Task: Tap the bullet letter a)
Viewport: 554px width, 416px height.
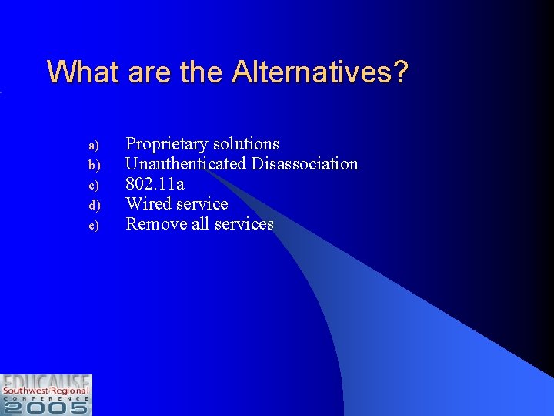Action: point(92,145)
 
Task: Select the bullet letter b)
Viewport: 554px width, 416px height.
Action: point(92,165)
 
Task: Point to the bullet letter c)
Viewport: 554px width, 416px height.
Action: point(92,185)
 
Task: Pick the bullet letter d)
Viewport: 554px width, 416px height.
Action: point(92,205)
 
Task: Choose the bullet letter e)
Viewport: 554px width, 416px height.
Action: point(92,225)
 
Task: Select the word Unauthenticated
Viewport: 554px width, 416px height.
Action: point(185,163)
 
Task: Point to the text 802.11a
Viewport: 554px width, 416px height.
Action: point(155,183)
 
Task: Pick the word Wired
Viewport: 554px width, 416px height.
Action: point(149,203)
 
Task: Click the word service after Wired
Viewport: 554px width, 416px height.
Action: point(202,203)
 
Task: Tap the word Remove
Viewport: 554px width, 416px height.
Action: point(154,223)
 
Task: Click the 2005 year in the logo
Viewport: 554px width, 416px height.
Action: point(46,407)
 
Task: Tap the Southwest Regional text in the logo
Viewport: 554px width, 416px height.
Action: point(46,391)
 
